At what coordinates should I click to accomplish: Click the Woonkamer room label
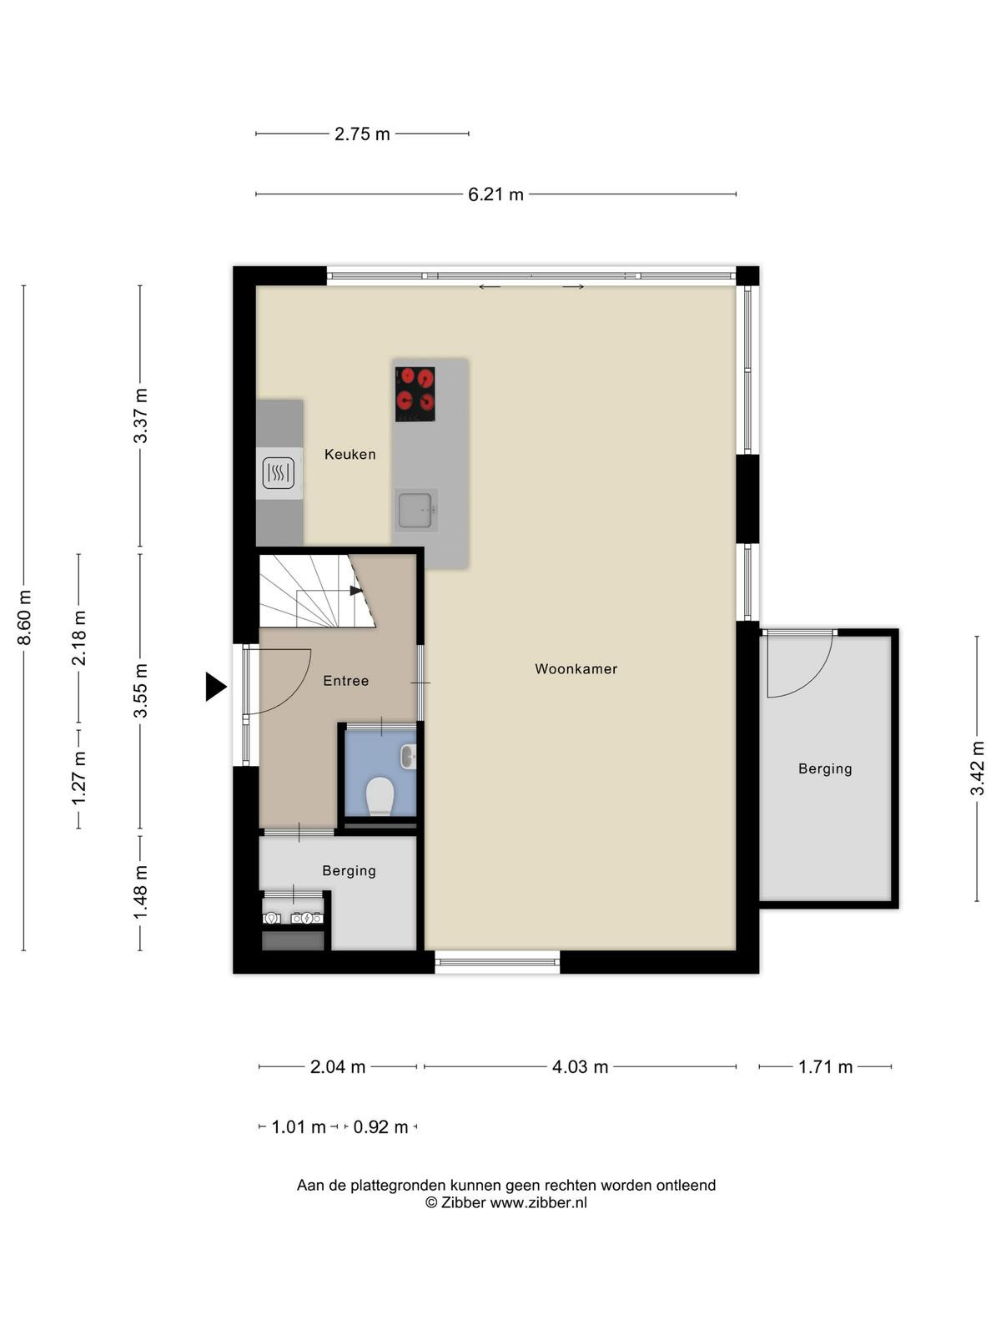[x=576, y=669]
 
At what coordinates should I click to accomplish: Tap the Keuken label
[x=350, y=455]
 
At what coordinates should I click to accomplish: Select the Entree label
[x=346, y=681]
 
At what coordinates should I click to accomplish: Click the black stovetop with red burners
[x=415, y=394]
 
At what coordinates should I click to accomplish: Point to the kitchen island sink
[x=415, y=510]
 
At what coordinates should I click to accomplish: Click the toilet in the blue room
[x=380, y=795]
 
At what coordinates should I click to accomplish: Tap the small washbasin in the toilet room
[x=409, y=757]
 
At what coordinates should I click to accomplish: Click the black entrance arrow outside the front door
[x=216, y=687]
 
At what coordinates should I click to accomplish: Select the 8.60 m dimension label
[x=24, y=617]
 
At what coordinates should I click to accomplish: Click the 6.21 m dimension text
[x=495, y=194]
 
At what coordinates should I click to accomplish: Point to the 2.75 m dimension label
[x=362, y=133]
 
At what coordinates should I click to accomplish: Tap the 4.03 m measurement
[x=580, y=1067]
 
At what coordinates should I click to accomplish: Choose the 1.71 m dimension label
[x=825, y=1067]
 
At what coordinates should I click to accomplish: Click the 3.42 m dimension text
[x=977, y=768]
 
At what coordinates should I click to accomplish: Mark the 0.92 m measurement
[x=380, y=1127]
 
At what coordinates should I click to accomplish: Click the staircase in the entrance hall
[x=317, y=591]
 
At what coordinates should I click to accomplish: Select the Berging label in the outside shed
[x=825, y=768]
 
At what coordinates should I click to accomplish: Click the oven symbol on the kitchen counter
[x=279, y=473]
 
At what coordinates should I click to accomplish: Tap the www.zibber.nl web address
[x=538, y=1202]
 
